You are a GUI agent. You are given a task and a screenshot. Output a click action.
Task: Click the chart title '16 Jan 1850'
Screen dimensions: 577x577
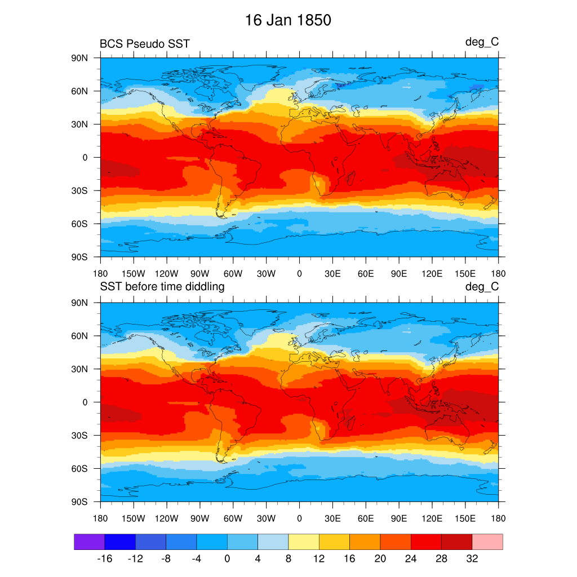tap(288, 21)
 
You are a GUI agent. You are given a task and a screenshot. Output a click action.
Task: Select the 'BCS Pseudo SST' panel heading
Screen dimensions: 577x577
tap(145, 43)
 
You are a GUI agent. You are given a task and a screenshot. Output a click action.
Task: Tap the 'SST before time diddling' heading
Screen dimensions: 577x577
tap(162, 287)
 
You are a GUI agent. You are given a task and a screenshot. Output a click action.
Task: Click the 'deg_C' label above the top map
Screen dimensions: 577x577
tap(482, 42)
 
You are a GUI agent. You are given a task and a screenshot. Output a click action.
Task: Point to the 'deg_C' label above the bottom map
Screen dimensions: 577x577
tap(482, 287)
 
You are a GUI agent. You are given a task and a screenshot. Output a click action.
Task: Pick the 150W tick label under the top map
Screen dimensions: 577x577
tap(134, 274)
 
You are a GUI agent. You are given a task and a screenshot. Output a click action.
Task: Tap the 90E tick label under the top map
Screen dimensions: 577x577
tap(399, 274)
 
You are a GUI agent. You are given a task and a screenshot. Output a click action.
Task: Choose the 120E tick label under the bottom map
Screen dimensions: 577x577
tap(432, 518)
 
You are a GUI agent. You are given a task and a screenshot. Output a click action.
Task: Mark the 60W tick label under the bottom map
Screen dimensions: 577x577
tap(233, 518)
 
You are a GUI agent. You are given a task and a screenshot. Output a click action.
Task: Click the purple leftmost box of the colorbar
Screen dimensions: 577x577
tap(89, 542)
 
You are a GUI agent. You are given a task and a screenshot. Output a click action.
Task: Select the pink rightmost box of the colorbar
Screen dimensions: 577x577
tap(487, 542)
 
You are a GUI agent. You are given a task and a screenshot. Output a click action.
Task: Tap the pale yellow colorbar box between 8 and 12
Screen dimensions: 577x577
tap(304, 542)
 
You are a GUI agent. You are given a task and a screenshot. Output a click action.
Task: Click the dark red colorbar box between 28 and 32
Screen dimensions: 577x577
tap(456, 542)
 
